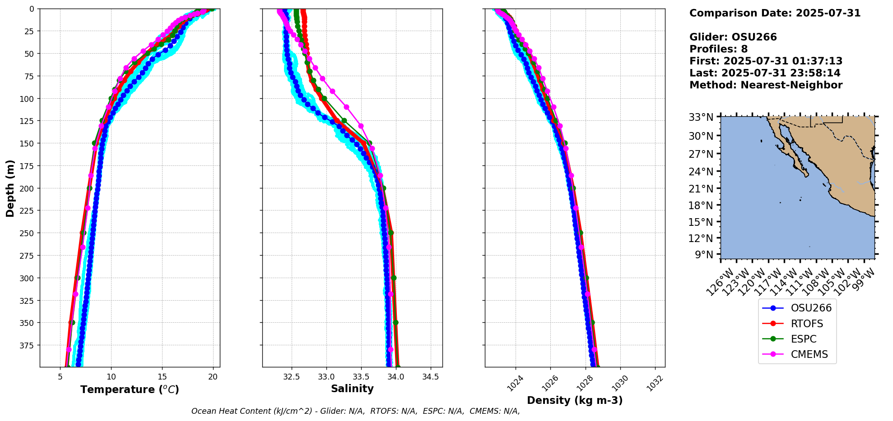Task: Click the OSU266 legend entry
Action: tap(810, 308)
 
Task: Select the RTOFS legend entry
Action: tap(806, 324)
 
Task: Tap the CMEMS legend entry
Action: tap(809, 355)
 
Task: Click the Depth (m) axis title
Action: tap(10, 188)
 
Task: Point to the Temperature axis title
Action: tap(130, 389)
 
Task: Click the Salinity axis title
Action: tap(352, 389)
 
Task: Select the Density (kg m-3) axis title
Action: tap(575, 400)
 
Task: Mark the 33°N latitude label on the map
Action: tap(701, 118)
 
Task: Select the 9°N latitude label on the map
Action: tap(704, 255)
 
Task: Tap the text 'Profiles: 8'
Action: tap(718, 49)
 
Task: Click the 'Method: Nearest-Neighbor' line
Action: tap(766, 85)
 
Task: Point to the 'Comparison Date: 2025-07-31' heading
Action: tap(775, 13)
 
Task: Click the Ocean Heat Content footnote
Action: tap(355, 411)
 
